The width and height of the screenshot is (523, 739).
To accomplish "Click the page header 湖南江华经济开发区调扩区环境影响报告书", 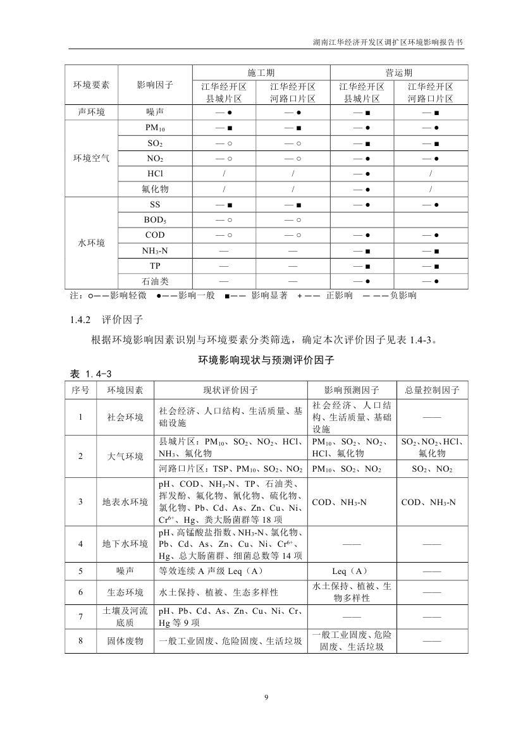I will pos(388,44).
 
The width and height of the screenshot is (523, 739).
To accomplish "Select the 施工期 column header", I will pos(261,73).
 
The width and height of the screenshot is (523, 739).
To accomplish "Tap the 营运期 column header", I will pos(399,73).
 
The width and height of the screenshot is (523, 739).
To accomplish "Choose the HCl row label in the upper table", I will pos(155,173).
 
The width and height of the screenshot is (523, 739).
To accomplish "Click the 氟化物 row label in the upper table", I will pos(155,189).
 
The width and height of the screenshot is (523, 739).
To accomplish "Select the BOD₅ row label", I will pos(155,220).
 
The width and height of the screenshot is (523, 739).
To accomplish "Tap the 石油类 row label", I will pos(155,281).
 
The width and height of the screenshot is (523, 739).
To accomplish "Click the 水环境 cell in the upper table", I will pos(91,243).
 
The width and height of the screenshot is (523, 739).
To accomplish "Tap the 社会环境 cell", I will pos(125,417).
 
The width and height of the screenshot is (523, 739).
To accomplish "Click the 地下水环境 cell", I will pos(125,543).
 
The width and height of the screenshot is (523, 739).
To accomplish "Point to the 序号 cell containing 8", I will pos(80,640).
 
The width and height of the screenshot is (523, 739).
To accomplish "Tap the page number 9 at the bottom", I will pos(266,697).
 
